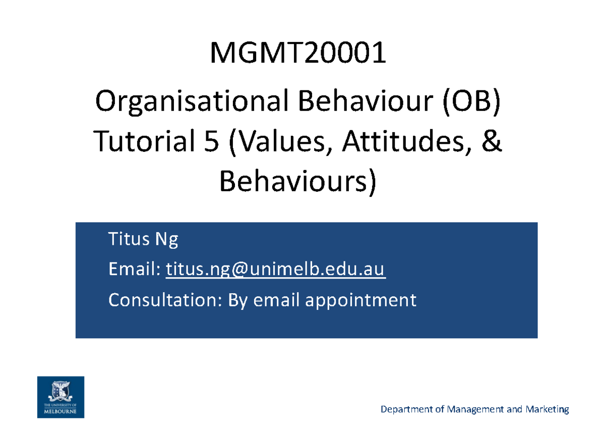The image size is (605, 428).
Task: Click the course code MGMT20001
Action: click(x=298, y=54)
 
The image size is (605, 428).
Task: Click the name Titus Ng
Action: click(x=143, y=240)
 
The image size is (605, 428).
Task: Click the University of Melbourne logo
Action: click(x=60, y=397)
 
